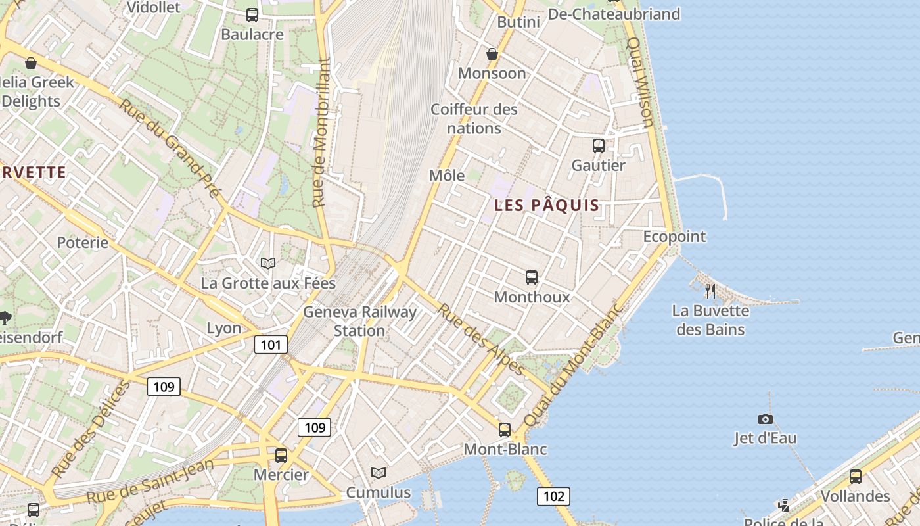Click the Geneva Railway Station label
(359, 321)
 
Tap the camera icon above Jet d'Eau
(765, 419)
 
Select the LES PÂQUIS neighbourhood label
(547, 205)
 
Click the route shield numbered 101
(271, 345)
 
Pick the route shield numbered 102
(553, 496)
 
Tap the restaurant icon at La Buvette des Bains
(710, 291)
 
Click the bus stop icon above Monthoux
(532, 277)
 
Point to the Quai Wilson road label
(641, 82)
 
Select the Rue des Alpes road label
(481, 339)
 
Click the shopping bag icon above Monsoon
(492, 54)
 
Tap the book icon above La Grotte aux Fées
(267, 263)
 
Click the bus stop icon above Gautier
(598, 146)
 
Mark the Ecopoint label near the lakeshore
(674, 237)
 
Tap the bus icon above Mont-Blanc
(505, 430)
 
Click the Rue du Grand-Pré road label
(169, 147)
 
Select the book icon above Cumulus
(378, 473)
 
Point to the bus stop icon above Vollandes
(855, 477)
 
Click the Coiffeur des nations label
(474, 118)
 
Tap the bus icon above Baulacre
(252, 15)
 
